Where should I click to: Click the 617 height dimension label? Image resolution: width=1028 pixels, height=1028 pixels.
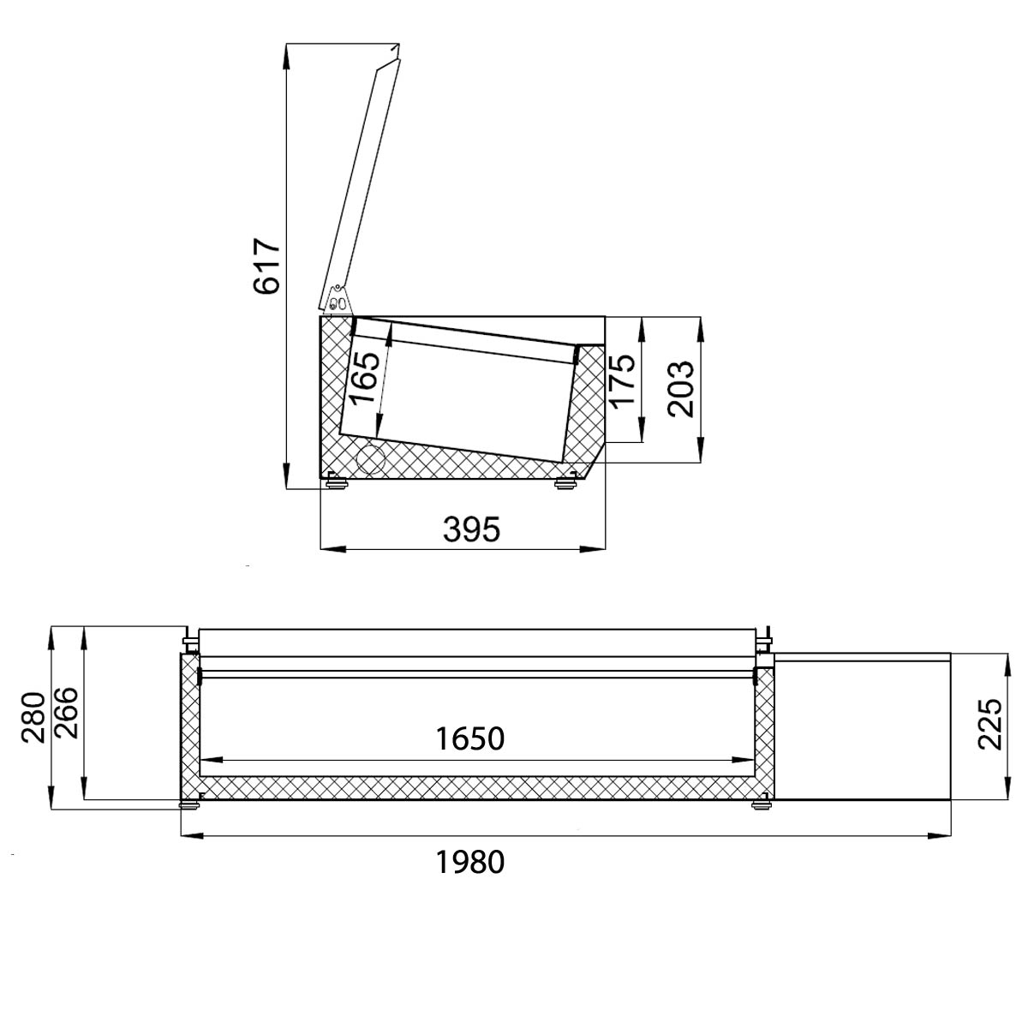pyautogui.click(x=266, y=265)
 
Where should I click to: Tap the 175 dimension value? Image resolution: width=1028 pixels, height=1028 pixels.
pyautogui.click(x=622, y=381)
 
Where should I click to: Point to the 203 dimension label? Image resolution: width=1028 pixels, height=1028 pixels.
pyautogui.click(x=680, y=389)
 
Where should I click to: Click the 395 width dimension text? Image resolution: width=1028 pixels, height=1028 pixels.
pyautogui.click(x=471, y=529)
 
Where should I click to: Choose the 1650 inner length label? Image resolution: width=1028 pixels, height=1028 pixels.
pyautogui.click(x=469, y=738)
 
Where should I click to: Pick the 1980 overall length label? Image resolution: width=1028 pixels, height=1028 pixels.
pyautogui.click(x=469, y=862)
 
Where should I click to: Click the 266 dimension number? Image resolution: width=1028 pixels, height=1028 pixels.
pyautogui.click(x=66, y=714)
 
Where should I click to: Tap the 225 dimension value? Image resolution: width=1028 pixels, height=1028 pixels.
pyautogui.click(x=990, y=725)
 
